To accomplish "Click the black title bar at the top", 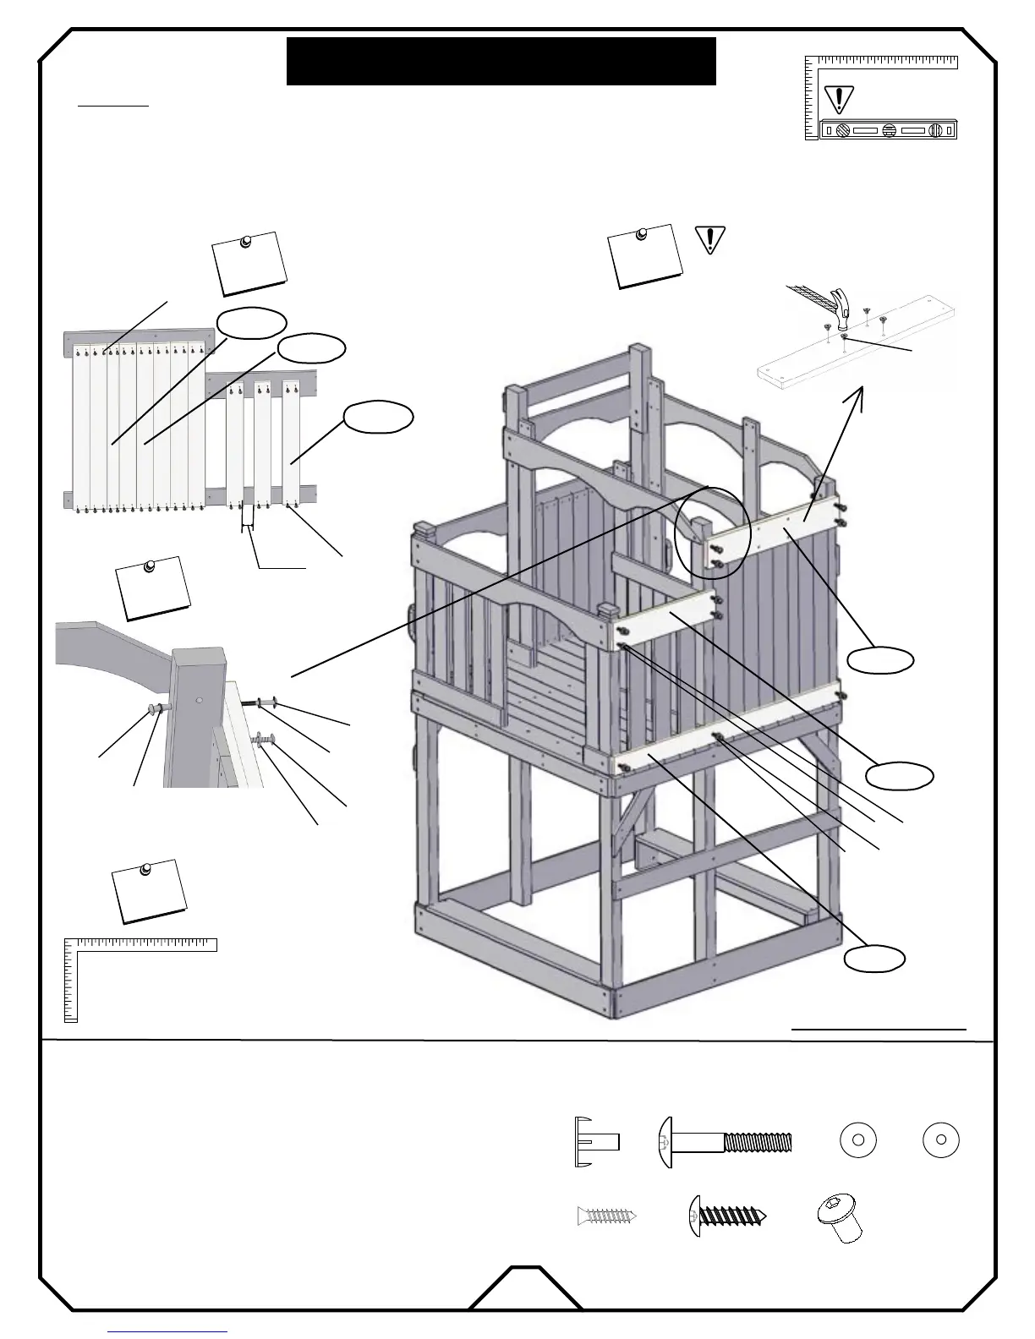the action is [x=501, y=61].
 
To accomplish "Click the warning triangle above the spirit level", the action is [x=838, y=99].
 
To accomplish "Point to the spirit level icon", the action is [x=888, y=130].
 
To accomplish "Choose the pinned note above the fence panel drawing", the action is [x=249, y=263].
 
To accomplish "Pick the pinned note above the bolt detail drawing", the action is [x=153, y=588].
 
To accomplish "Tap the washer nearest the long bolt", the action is [x=857, y=1140].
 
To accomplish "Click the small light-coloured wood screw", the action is [x=606, y=1216].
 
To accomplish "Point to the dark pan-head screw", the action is [x=728, y=1216].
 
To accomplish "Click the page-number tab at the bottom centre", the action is [x=525, y=1292].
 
